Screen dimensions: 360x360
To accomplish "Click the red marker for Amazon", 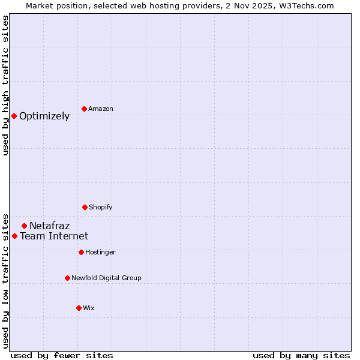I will click(x=84, y=109).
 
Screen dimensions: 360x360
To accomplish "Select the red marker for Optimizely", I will click(x=14, y=116).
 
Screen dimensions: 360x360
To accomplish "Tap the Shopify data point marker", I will click(x=85, y=207).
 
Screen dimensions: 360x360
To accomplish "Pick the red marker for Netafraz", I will click(x=24, y=226).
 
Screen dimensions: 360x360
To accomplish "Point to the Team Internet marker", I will click(x=14, y=236).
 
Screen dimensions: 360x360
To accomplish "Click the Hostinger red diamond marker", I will click(x=81, y=252).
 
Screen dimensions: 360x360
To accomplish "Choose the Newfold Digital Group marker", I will click(x=67, y=278).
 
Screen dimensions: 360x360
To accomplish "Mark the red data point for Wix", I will click(x=79, y=308).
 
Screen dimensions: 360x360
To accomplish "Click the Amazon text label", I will click(x=101, y=109).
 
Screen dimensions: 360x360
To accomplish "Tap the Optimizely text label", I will click(x=44, y=116).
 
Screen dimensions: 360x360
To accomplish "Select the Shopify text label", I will click(x=101, y=207).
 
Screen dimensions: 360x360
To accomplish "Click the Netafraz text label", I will click(x=49, y=226).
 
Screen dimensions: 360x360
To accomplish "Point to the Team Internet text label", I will click(x=54, y=236).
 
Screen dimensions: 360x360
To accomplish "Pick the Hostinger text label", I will click(x=100, y=252).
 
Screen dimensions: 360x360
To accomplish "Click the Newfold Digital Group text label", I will click(x=106, y=278).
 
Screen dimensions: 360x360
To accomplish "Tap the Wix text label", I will click(x=89, y=308).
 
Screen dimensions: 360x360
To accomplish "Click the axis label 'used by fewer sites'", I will click(x=62, y=355).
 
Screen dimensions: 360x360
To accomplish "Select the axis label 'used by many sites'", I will click(x=301, y=355).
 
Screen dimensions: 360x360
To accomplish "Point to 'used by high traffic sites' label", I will click(x=5, y=85).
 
